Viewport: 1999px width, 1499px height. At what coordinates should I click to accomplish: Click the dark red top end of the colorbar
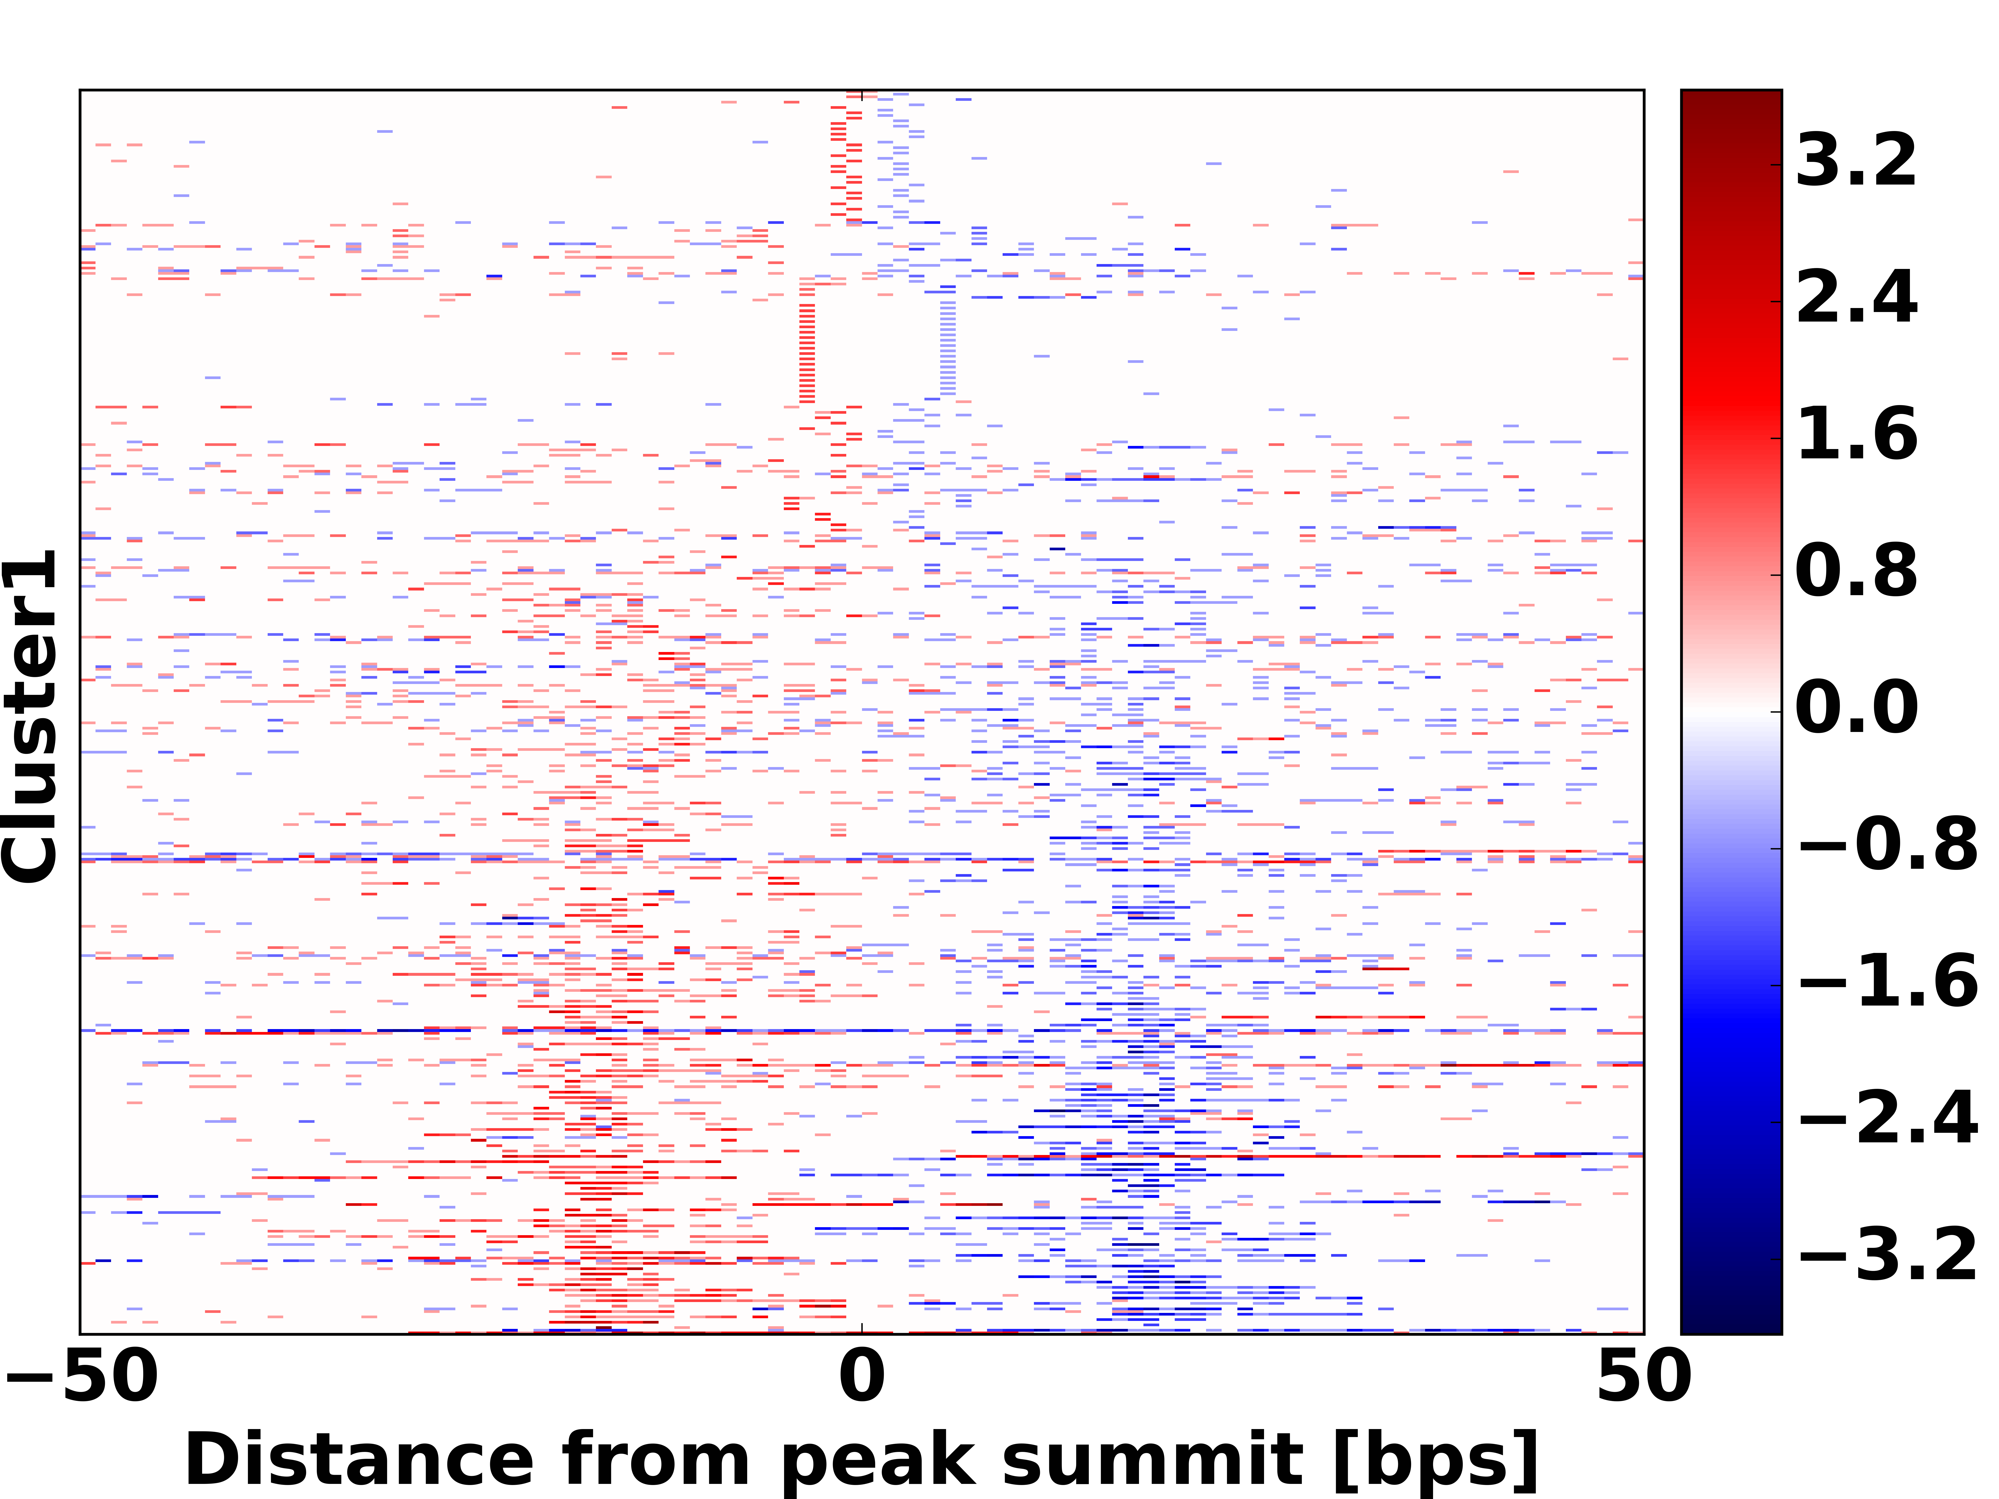pos(1731,97)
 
